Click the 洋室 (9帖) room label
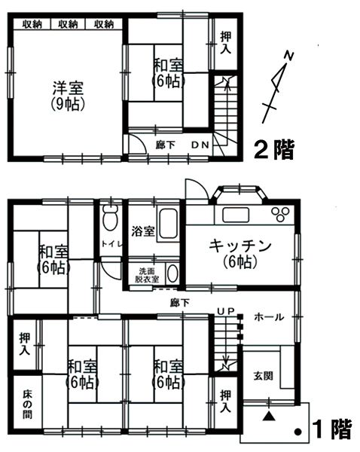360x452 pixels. click(x=68, y=96)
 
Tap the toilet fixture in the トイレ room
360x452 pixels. click(x=110, y=218)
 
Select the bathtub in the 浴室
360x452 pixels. click(x=168, y=224)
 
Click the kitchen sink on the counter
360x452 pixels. click(x=236, y=215)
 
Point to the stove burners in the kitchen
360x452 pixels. click(x=279, y=214)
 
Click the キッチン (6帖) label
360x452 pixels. click(x=239, y=255)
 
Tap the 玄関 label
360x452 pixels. click(x=263, y=376)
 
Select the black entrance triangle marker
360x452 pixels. click(x=268, y=417)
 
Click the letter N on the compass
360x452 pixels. click(x=289, y=56)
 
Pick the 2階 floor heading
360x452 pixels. click(x=274, y=150)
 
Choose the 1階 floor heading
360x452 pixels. click(x=332, y=429)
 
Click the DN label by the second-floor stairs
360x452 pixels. click(x=200, y=145)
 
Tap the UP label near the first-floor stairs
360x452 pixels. click(x=226, y=310)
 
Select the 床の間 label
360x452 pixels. click(x=27, y=404)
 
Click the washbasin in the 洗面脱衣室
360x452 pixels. click(x=172, y=273)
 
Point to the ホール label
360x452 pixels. click(x=269, y=317)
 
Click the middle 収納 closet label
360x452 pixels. click(x=68, y=24)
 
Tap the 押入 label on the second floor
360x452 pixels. click(x=226, y=43)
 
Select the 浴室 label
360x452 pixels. click(x=143, y=231)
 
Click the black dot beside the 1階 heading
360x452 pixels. click(x=297, y=432)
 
